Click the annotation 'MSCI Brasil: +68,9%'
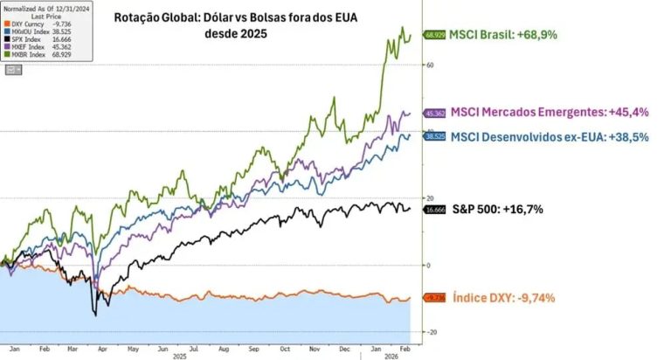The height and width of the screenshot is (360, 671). pyautogui.click(x=503, y=35)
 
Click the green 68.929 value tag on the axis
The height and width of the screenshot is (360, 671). pyautogui.click(x=434, y=35)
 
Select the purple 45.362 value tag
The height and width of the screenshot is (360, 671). pyautogui.click(x=434, y=113)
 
